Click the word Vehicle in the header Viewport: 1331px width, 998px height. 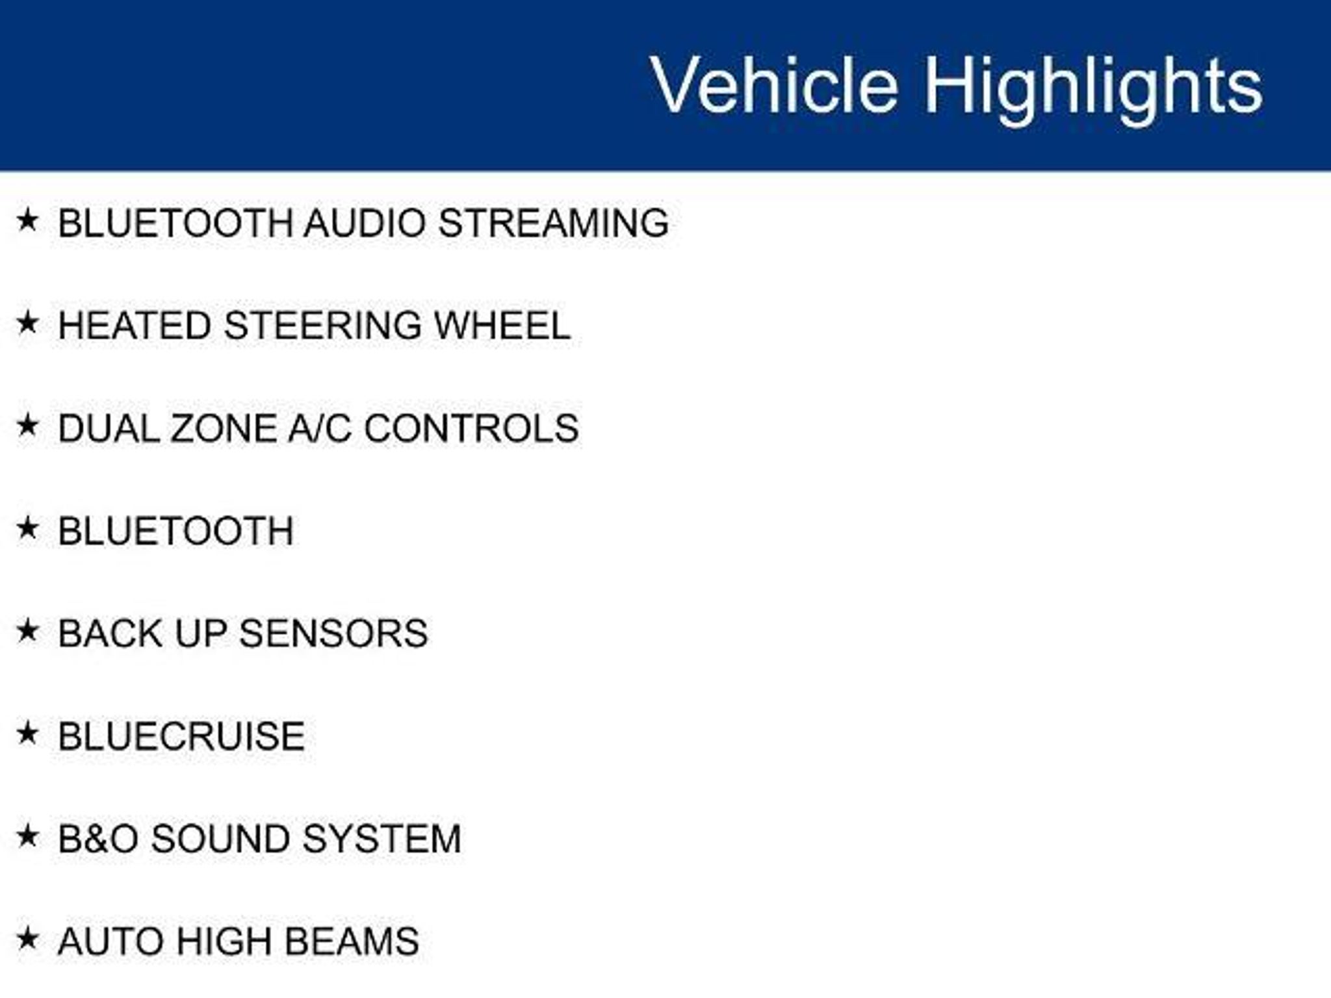(775, 85)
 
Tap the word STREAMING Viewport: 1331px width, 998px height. (553, 223)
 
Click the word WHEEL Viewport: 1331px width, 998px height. (502, 326)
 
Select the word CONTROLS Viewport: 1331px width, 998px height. (471, 428)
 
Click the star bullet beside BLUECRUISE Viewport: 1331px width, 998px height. (27, 734)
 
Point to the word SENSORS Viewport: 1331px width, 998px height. (333, 633)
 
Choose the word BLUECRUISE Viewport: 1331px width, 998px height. (181, 736)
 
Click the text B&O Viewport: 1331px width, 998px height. (98, 839)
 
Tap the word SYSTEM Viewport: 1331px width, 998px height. (381, 839)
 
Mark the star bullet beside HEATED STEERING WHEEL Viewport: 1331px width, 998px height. (27, 322)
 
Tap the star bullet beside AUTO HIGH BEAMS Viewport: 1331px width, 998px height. (27, 938)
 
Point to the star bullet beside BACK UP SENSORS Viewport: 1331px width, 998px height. (27, 630)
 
